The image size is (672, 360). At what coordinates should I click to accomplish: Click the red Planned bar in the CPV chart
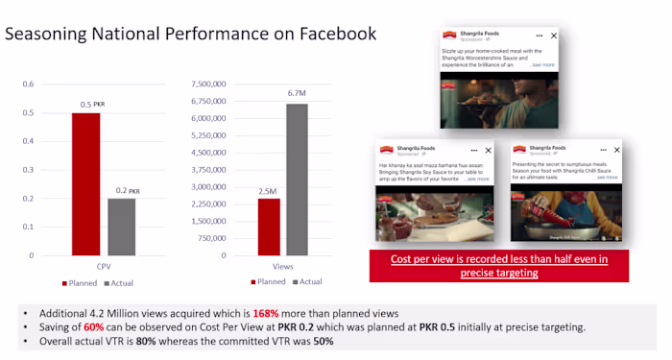point(85,183)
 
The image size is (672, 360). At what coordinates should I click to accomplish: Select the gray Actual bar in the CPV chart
point(122,227)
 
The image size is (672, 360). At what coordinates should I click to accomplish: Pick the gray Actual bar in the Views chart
point(297,179)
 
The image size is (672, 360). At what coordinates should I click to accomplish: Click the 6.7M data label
point(298,93)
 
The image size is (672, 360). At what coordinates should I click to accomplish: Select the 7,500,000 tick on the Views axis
point(207,84)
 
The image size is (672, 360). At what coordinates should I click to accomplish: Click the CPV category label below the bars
point(104,265)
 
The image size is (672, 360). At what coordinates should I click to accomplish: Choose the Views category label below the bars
point(282,265)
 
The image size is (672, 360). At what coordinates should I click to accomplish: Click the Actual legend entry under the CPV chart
point(117,283)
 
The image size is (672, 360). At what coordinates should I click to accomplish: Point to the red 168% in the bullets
point(266,314)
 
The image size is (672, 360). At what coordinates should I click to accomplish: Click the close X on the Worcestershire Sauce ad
point(554,35)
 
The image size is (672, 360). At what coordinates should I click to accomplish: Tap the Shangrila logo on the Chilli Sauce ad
point(520,150)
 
